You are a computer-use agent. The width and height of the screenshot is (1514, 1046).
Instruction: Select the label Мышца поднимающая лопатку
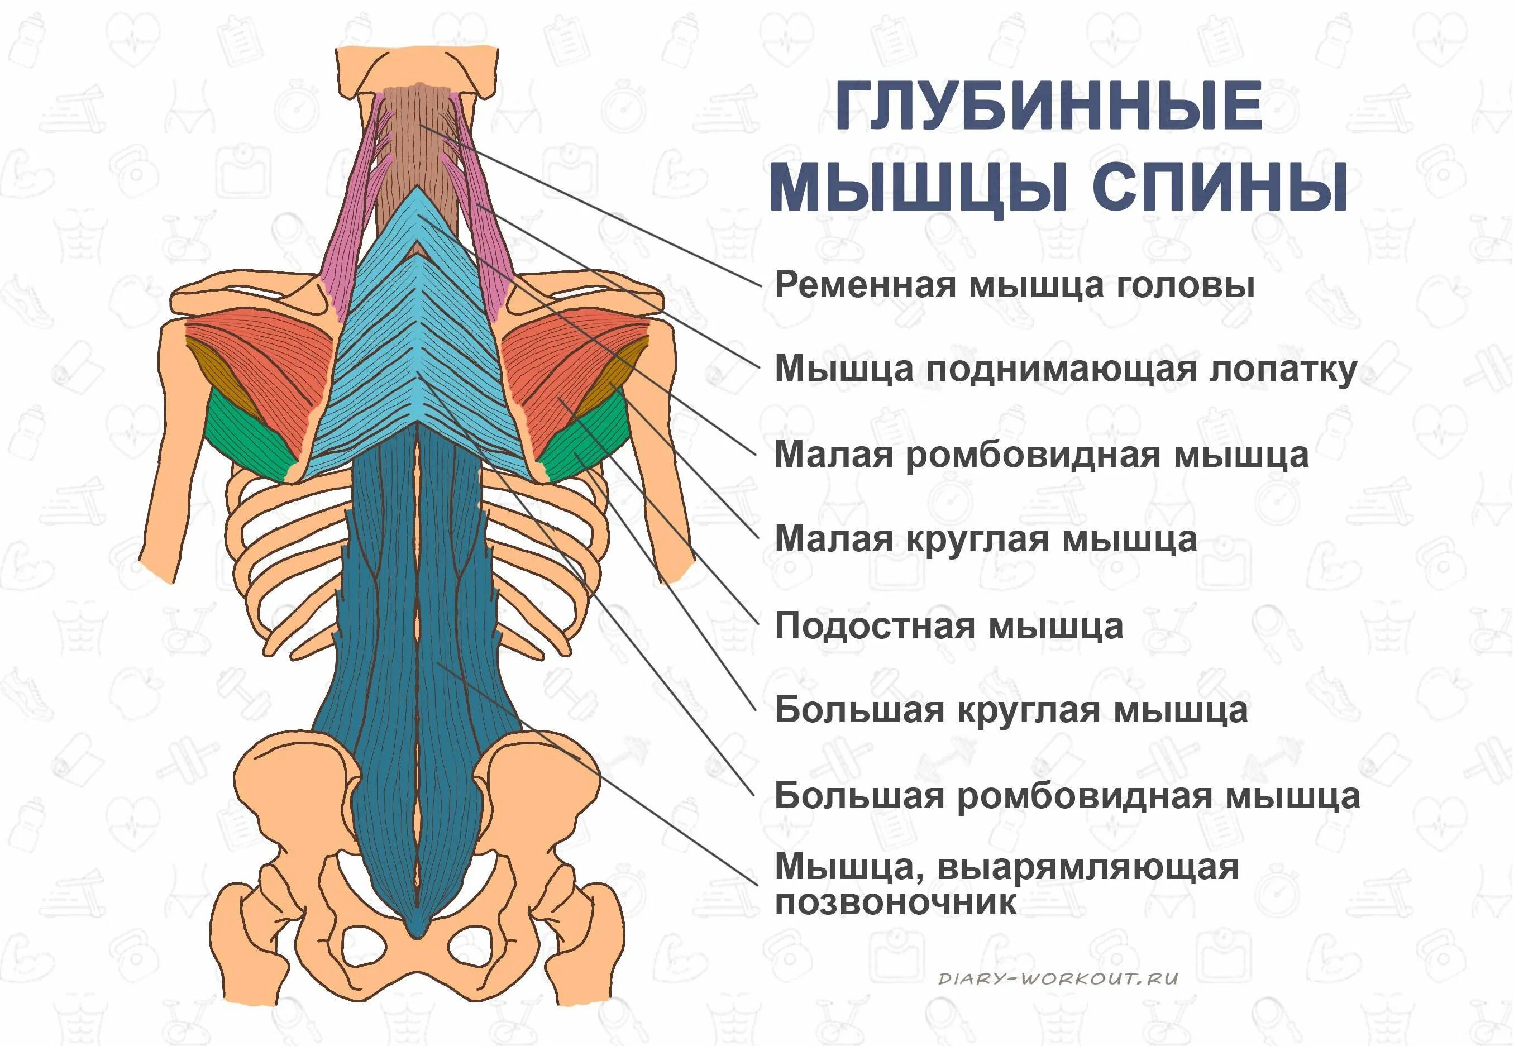[1066, 369]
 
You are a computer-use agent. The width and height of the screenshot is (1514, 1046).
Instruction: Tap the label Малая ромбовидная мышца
[1042, 454]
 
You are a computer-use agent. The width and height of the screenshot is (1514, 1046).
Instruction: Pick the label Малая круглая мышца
[986, 539]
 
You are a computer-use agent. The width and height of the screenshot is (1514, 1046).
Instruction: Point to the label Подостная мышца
[949, 625]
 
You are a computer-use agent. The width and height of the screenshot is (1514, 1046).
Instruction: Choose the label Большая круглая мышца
[1011, 710]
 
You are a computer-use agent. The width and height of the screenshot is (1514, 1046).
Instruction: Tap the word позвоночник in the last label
[896, 903]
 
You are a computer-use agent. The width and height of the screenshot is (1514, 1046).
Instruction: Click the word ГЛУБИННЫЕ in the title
[1049, 106]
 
